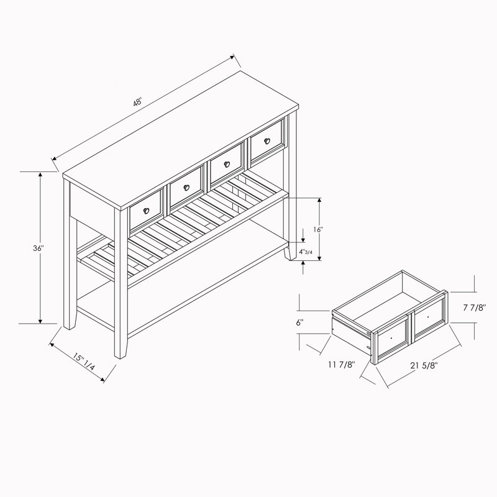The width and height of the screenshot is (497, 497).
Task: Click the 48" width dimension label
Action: coord(137,103)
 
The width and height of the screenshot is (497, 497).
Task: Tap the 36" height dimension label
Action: coord(38,248)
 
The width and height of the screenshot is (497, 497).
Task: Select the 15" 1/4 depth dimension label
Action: coord(84,362)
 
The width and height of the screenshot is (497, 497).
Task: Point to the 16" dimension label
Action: coord(317,229)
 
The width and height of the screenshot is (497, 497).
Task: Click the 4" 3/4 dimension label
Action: coord(306,252)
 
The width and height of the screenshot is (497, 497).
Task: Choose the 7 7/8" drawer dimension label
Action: coord(474,308)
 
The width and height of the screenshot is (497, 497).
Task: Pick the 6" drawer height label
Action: coord(300,322)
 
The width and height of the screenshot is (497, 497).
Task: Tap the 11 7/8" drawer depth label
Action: coord(341,365)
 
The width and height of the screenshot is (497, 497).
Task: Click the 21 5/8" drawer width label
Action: coord(424,365)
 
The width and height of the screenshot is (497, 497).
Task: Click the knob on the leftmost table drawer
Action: coord(146,211)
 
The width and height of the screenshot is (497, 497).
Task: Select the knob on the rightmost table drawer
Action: coord(267,141)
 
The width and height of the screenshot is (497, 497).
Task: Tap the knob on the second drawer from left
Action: coord(186,188)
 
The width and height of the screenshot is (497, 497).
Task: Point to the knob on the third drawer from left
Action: coord(227,164)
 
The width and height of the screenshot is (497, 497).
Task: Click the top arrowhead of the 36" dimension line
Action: coord(40,175)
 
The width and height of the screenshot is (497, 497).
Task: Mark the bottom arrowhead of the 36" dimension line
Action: coord(40,321)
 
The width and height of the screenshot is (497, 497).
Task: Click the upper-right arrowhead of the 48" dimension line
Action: coord(232,57)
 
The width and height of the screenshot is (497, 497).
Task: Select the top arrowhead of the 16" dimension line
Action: coord(319,200)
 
